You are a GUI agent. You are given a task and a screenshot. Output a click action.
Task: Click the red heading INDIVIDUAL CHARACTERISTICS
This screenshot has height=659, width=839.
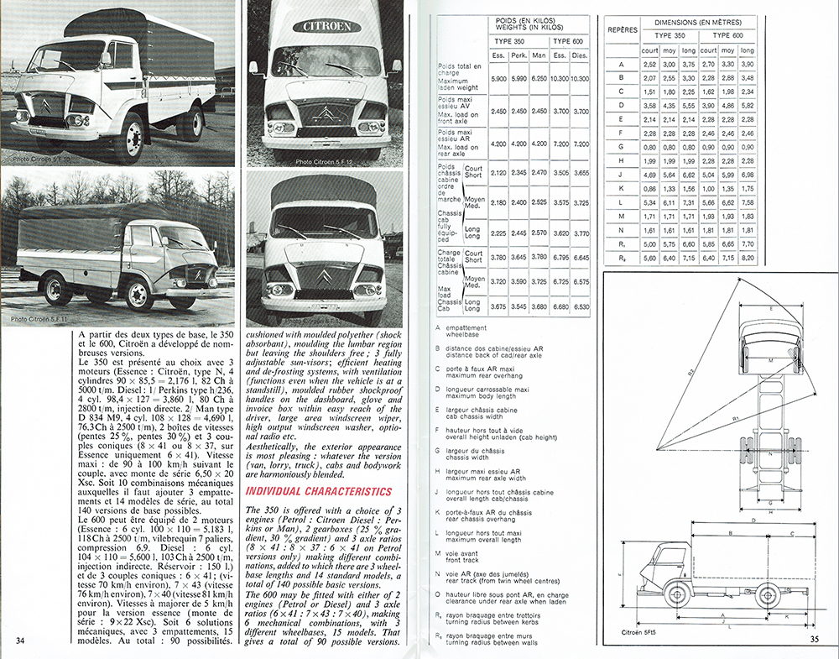click(318, 490)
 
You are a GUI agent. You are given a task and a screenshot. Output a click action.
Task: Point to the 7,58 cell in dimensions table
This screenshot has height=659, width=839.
click(748, 201)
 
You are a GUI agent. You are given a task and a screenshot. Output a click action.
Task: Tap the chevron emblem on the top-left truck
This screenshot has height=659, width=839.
click(44, 106)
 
